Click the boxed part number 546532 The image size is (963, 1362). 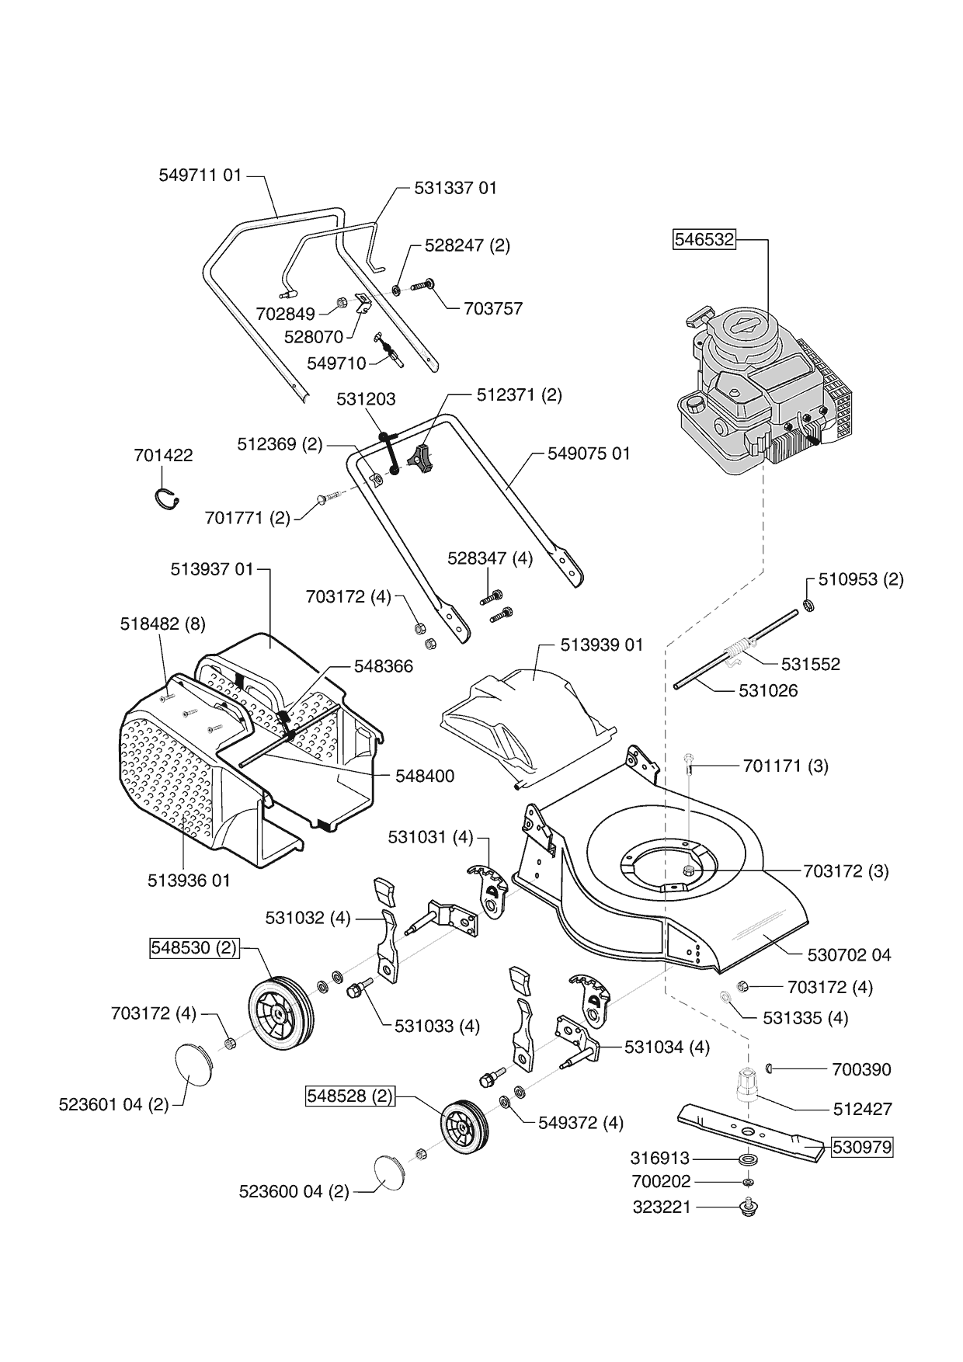(704, 239)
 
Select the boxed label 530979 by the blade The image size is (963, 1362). (862, 1147)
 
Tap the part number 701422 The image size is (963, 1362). (163, 455)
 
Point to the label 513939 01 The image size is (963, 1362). (602, 645)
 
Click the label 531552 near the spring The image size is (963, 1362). (810, 664)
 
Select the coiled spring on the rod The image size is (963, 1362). (739, 646)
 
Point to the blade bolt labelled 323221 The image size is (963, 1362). (749, 1207)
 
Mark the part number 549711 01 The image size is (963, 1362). (200, 175)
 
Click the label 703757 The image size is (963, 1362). (493, 308)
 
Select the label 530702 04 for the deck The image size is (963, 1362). (849, 955)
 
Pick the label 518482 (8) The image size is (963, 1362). (163, 624)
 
